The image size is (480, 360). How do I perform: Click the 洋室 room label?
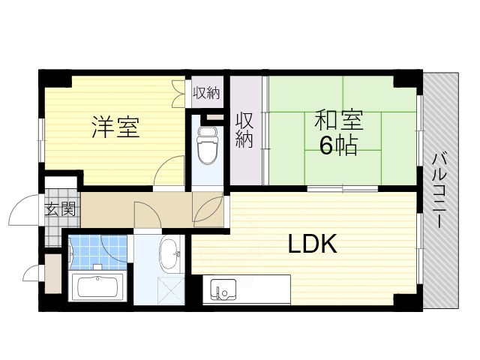tap(115, 127)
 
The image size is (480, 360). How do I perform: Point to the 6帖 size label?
tap(337, 145)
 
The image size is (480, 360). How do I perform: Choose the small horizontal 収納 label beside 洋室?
tap(205, 94)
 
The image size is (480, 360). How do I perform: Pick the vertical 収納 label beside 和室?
tap(244, 130)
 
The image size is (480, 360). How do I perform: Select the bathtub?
tap(98, 286)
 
